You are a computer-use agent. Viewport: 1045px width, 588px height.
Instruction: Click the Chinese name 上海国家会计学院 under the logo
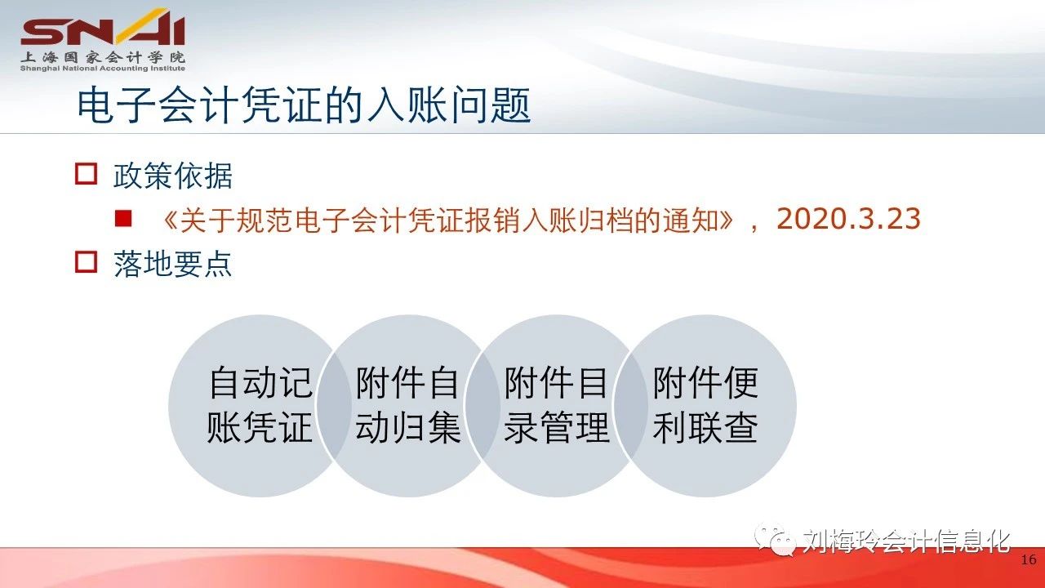103,57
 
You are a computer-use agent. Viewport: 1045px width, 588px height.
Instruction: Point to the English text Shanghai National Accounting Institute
103,68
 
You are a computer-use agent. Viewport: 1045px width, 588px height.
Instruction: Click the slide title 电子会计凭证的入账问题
304,105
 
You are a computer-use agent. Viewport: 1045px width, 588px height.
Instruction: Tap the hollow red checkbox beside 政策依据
87,174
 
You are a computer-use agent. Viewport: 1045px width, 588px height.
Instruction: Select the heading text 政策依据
172,176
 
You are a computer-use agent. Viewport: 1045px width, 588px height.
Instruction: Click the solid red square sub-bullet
123,218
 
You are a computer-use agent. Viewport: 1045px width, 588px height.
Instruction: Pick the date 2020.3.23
848,218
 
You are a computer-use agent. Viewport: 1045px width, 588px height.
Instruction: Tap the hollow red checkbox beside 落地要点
87,262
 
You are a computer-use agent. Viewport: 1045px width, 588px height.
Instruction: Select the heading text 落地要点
172,264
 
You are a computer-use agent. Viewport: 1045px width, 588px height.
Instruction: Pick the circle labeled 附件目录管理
556,406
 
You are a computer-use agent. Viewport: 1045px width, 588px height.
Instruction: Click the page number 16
1029,559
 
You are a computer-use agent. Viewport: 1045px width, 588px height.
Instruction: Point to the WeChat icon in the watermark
775,540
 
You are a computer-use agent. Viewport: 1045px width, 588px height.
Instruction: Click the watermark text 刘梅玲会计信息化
906,541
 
